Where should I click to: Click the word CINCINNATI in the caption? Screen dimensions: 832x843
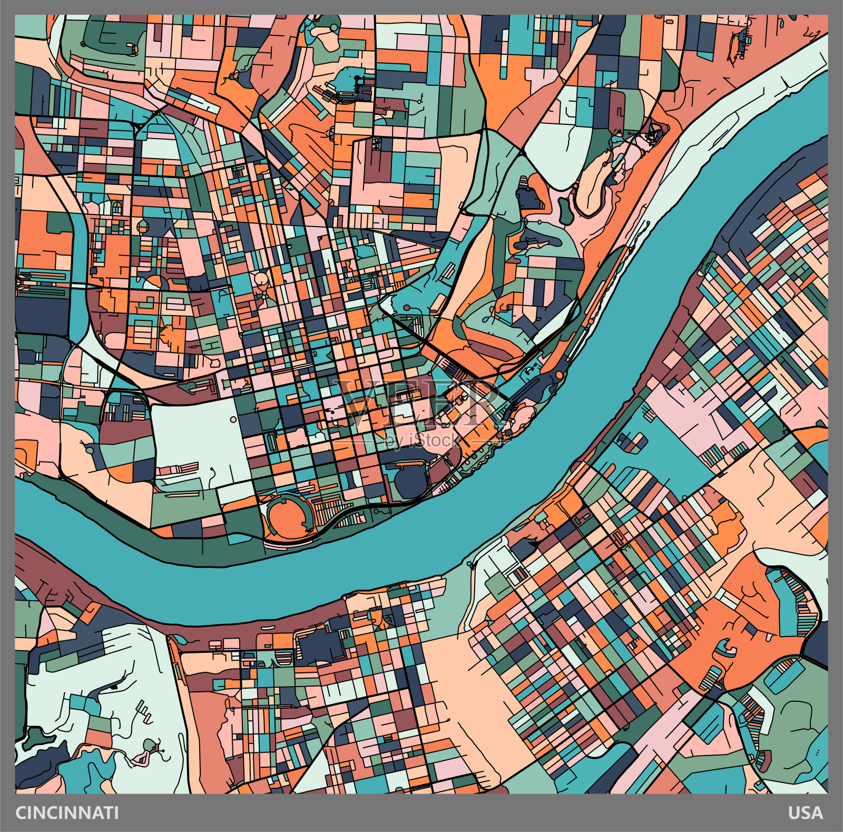(67, 813)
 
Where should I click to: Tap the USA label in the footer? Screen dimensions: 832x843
(806, 813)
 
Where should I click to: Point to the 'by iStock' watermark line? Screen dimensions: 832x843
(421, 440)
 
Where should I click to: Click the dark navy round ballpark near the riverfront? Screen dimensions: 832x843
(410, 482)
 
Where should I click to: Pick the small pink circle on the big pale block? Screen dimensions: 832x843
(233, 420)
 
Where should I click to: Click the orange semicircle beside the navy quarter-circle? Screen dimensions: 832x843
(155, 282)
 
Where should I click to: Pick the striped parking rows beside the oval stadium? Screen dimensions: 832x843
(329, 510)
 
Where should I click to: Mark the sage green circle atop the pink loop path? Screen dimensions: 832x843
(150, 746)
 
